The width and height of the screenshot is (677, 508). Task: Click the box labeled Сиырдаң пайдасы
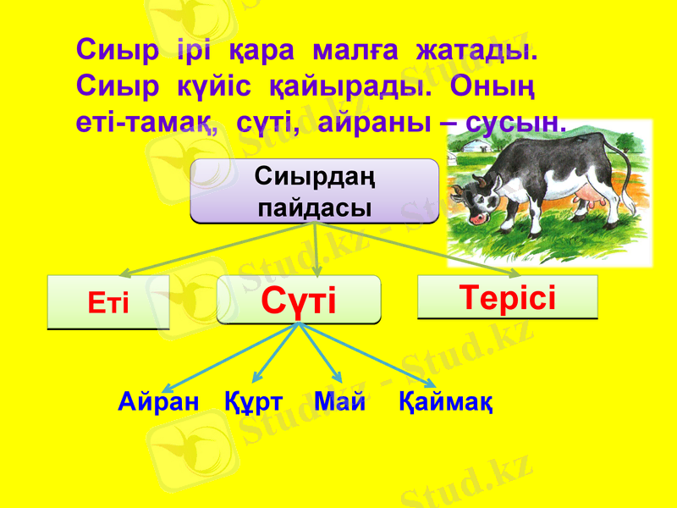tap(315, 191)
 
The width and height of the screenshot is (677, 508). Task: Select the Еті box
tap(108, 302)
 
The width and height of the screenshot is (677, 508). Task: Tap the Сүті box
tap(299, 300)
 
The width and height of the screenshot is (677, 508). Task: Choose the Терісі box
tap(508, 297)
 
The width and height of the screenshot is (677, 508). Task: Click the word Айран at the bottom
tap(158, 400)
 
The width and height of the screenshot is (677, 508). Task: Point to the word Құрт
tap(254, 400)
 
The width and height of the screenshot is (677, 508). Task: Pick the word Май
tap(339, 400)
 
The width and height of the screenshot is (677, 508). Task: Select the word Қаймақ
tap(446, 400)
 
